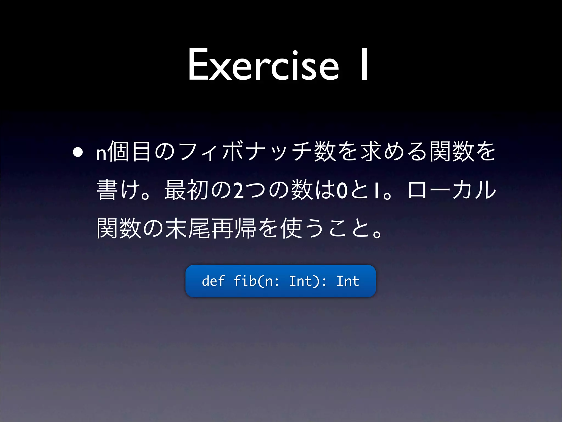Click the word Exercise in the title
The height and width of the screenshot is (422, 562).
[x=263, y=65]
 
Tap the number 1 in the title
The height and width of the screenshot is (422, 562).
[x=364, y=65]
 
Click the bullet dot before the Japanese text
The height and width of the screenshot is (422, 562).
[x=78, y=152]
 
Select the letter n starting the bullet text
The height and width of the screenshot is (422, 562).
[x=101, y=154]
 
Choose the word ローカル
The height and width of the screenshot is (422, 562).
[x=452, y=190]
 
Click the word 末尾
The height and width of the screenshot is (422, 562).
[x=188, y=228]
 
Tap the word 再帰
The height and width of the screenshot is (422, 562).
[x=234, y=228]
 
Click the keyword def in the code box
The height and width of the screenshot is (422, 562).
[x=213, y=281]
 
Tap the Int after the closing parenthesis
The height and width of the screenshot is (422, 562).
[x=348, y=281]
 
